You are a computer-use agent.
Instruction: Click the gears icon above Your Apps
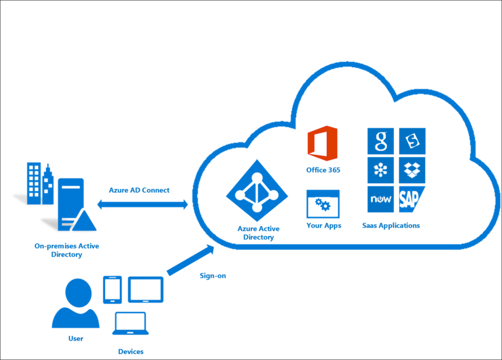pyautogui.click(x=323, y=205)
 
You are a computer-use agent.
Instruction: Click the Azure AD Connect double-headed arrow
pyautogui.click(x=143, y=205)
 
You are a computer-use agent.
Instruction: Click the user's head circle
pyautogui.click(x=77, y=292)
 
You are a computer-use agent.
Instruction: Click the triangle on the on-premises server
pyautogui.click(x=82, y=222)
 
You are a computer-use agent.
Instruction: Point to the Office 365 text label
pyautogui.click(x=322, y=169)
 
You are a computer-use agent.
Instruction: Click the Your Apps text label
pyautogui.click(x=324, y=226)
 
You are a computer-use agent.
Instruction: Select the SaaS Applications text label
pyautogui.click(x=390, y=226)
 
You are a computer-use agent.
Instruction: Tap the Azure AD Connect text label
pyautogui.click(x=143, y=190)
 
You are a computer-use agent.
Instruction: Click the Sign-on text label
pyautogui.click(x=213, y=276)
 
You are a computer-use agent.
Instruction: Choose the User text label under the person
pyautogui.click(x=76, y=338)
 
